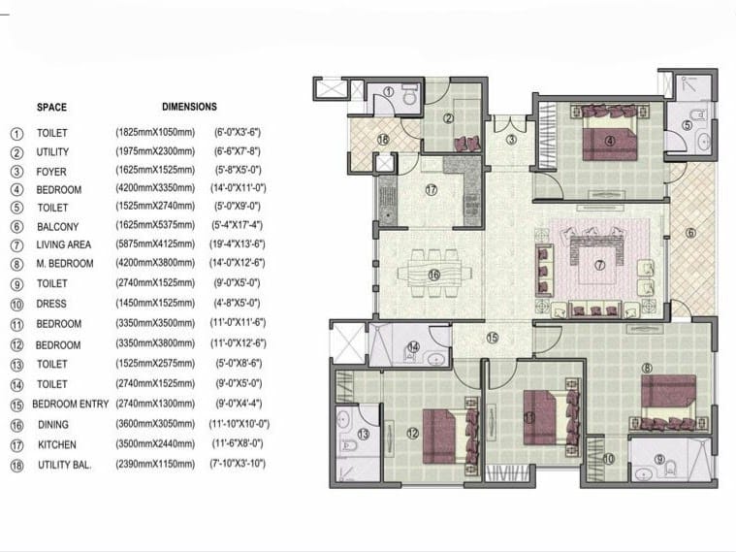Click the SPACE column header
pyautogui.click(x=51, y=107)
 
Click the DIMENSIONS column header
pyautogui.click(x=189, y=107)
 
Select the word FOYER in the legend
pyautogui.click(x=52, y=171)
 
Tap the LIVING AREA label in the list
pyautogui.click(x=64, y=245)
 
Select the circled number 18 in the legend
pyautogui.click(x=16, y=466)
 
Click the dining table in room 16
pyautogui.click(x=434, y=276)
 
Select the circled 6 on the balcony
pyautogui.click(x=690, y=233)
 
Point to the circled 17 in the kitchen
pyautogui.click(x=431, y=190)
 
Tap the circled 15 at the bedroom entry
pyautogui.click(x=492, y=339)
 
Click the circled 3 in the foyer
pyautogui.click(x=511, y=140)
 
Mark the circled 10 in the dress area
pyautogui.click(x=608, y=459)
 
